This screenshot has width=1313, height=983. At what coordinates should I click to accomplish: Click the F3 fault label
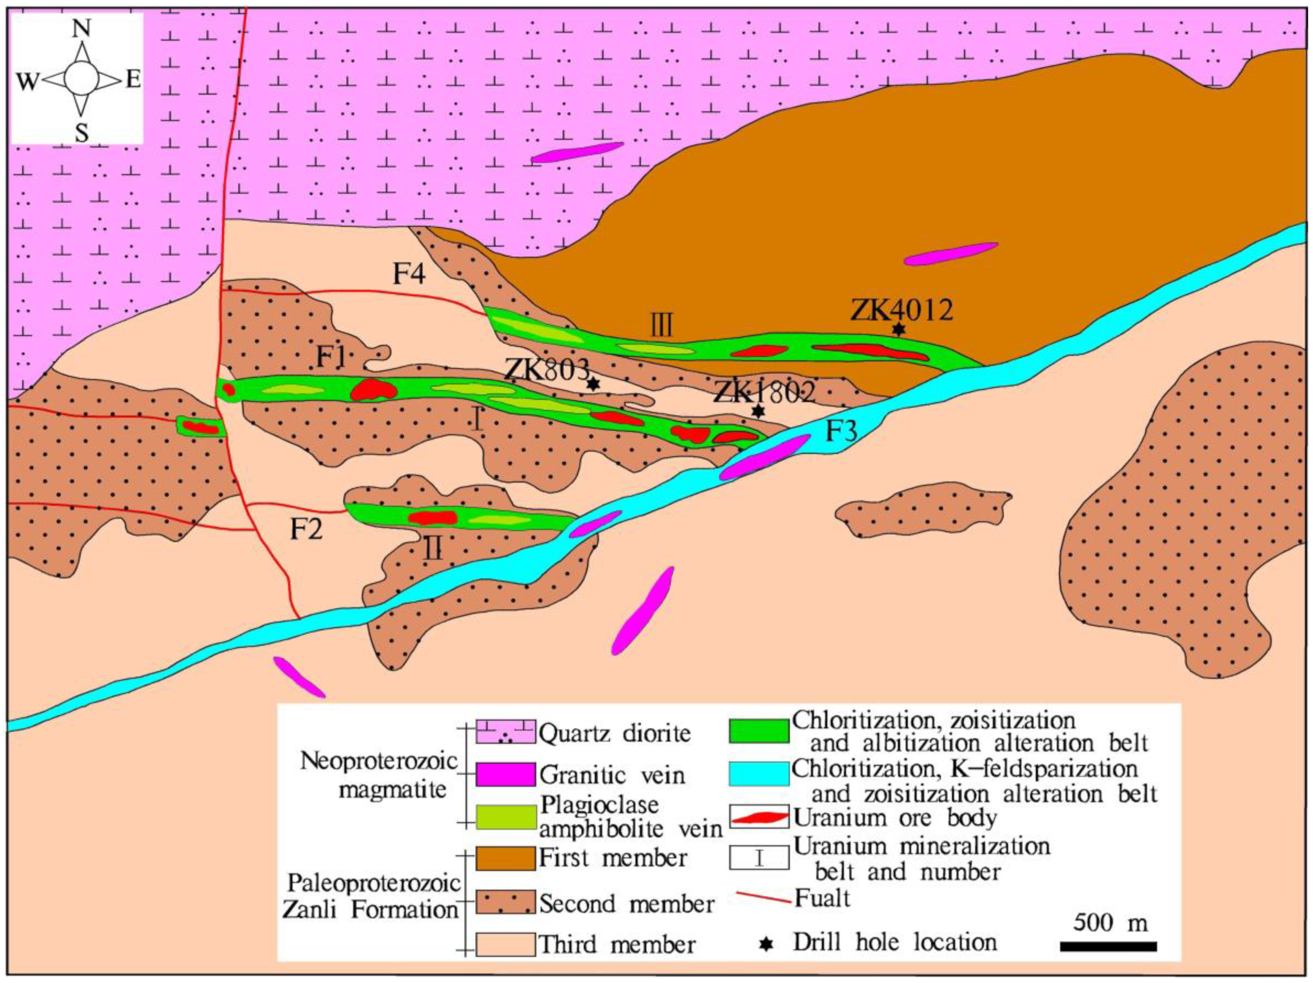[842, 432]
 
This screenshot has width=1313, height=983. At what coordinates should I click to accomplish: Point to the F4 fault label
[409, 274]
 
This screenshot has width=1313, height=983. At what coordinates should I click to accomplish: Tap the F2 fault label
[306, 528]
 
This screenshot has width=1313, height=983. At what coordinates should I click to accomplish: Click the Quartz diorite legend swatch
[505, 733]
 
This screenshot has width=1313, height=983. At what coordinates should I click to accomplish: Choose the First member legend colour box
[505, 858]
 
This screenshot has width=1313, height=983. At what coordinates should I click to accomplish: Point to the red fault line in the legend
[763, 898]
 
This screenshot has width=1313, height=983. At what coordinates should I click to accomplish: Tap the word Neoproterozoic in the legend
[379, 761]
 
